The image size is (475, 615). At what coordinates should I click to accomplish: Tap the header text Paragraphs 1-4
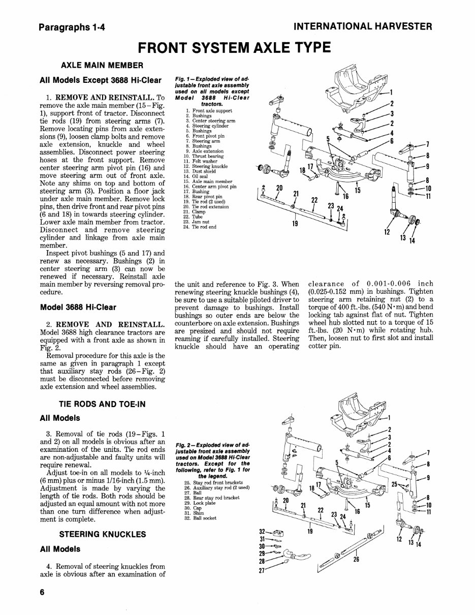pyautogui.click(x=74, y=27)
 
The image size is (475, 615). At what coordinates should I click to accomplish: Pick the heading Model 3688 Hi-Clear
pyautogui.click(x=78, y=307)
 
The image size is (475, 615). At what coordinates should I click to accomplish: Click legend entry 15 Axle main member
pyautogui.click(x=204, y=181)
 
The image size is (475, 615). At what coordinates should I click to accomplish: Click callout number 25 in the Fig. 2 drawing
pyautogui.click(x=395, y=485)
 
